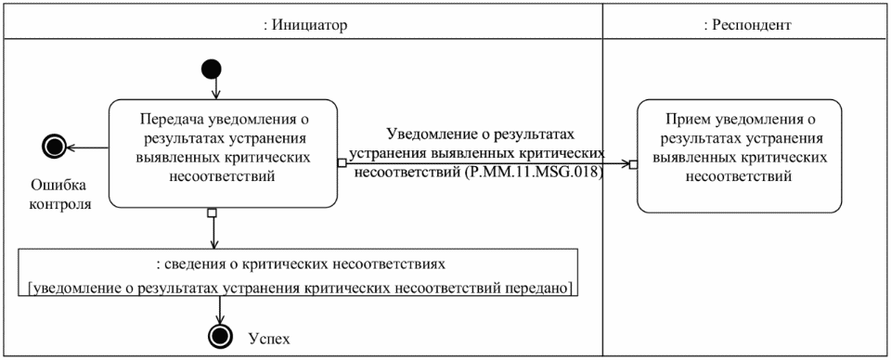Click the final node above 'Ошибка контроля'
(x=54, y=146)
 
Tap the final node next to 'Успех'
(x=219, y=337)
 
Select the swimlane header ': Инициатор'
(x=306, y=25)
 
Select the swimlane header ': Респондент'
(x=747, y=25)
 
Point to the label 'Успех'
(x=270, y=338)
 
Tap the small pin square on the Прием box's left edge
(x=633, y=164)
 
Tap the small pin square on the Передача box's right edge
(x=342, y=164)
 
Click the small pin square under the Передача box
(x=213, y=212)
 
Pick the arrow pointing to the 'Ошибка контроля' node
(x=87, y=146)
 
